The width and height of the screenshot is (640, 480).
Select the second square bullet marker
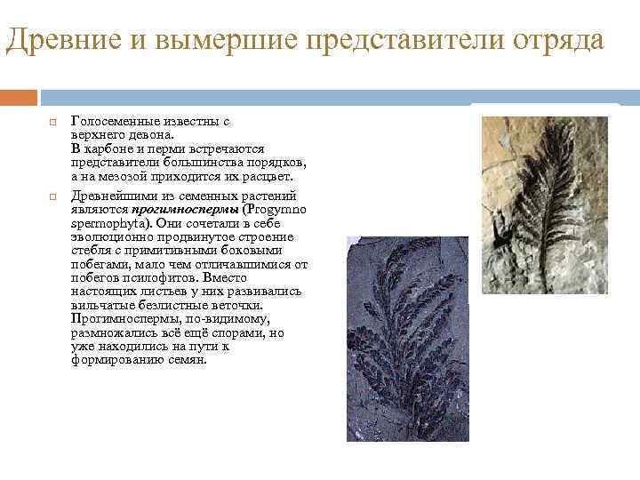[52, 196]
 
